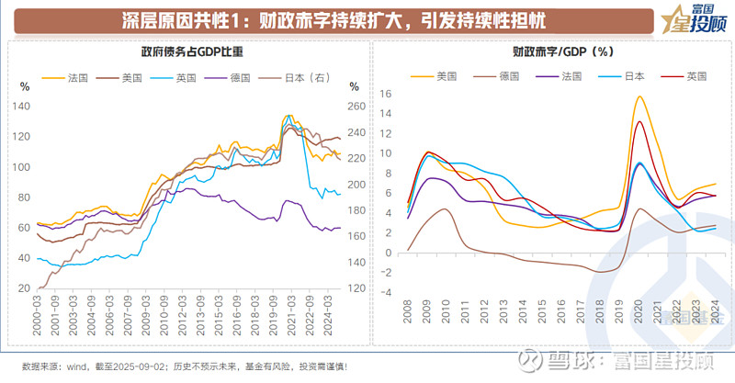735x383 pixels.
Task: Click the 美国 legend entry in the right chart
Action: [447, 76]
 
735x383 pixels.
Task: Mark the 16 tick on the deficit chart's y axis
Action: [386, 94]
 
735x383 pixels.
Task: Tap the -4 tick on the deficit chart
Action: [386, 292]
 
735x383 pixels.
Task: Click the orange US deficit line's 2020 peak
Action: [639, 96]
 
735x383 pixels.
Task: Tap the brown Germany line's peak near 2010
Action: [445, 208]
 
